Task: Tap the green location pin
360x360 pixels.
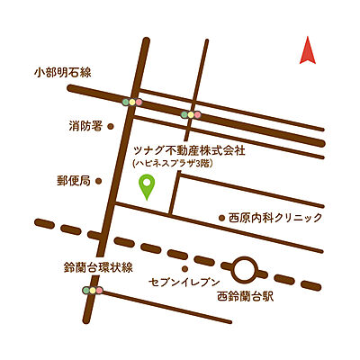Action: point(147,186)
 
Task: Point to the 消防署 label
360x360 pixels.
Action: point(85,126)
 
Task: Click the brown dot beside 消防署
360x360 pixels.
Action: point(111,127)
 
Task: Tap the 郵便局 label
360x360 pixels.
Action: point(73,181)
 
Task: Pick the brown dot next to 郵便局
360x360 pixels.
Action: point(99,181)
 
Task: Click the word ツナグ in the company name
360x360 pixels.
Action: point(147,151)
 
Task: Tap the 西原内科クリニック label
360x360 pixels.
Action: point(274,218)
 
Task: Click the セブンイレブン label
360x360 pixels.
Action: point(178,283)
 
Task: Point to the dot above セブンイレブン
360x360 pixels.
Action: point(184,268)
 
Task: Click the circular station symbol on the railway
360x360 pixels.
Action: point(243,268)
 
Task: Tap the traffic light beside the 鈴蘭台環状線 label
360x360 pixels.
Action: point(93,291)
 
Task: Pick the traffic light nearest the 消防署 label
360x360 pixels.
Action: point(133,102)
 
